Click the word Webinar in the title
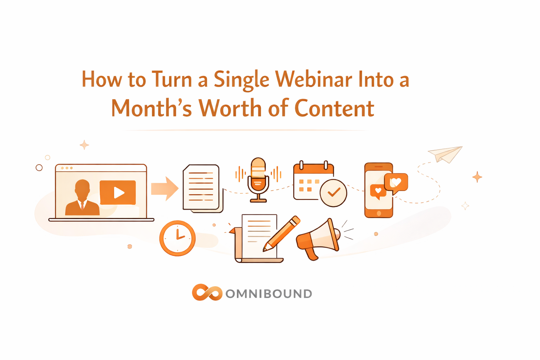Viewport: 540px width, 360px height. (313, 79)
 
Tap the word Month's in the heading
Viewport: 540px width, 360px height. (152, 108)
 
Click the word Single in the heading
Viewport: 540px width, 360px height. (241, 80)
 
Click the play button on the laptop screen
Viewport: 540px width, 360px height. (118, 192)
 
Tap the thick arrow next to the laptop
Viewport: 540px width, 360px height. (165, 188)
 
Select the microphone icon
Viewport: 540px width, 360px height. (258, 179)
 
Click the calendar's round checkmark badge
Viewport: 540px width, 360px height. (333, 193)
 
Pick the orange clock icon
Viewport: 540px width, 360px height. (177, 238)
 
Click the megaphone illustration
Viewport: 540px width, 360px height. (318, 239)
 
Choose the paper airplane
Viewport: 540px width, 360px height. (445, 154)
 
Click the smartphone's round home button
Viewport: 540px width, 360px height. (379, 213)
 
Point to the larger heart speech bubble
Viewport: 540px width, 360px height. (396, 182)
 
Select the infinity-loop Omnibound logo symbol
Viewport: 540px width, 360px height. (207, 292)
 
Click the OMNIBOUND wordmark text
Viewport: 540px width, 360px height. (269, 294)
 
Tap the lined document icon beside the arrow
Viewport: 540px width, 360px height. (202, 188)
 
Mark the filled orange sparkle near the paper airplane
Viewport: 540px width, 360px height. (477, 177)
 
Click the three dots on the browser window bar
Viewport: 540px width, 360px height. (67, 168)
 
